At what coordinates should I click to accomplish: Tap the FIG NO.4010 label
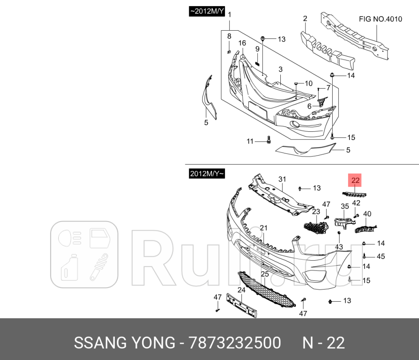point(381,19)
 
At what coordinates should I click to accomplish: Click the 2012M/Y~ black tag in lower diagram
point(207,174)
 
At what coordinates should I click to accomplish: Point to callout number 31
point(282,179)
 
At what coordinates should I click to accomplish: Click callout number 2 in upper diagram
point(305,19)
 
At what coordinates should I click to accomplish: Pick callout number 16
point(242,43)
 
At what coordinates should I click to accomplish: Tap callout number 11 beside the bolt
point(250,141)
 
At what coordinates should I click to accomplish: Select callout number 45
point(381,256)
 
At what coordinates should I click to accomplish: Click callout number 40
point(367,213)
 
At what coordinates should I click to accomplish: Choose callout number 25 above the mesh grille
point(265,274)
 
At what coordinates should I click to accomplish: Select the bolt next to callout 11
point(268,140)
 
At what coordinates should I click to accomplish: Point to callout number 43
point(339,246)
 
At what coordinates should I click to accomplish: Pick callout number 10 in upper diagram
point(308,83)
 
